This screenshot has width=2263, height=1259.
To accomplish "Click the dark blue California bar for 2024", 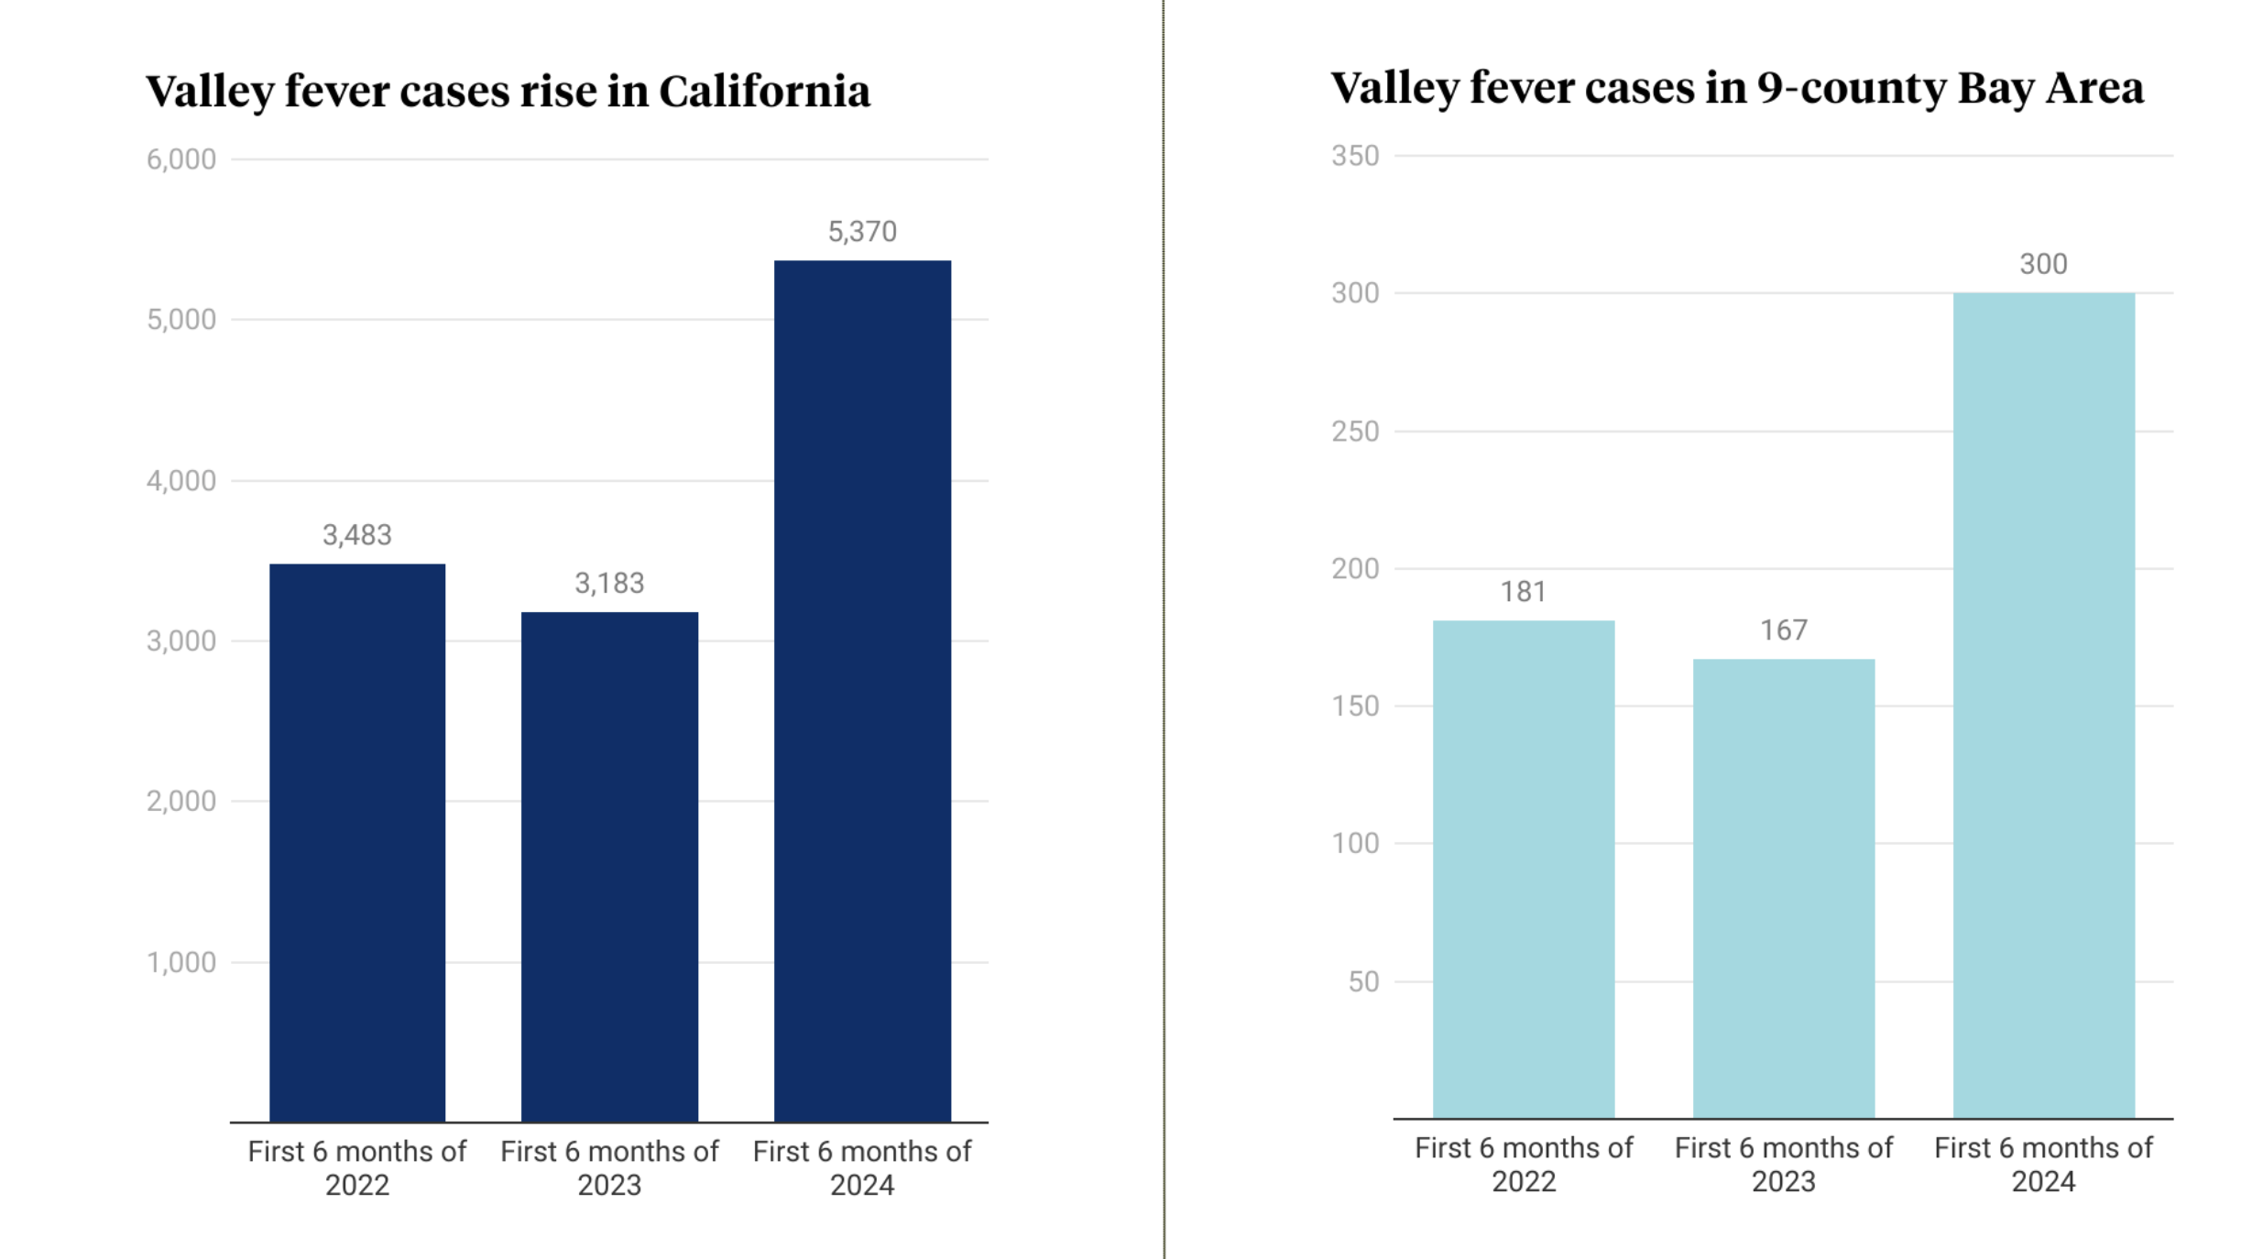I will [862, 691].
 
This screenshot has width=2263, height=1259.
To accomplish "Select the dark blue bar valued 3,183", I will [609, 866].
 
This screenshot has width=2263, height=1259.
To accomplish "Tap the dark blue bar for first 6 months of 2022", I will [357, 842].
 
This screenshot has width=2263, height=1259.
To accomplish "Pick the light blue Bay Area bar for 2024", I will [2043, 705].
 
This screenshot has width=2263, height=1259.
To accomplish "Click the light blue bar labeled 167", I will [1783, 888].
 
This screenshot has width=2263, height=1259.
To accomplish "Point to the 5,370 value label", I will [862, 232].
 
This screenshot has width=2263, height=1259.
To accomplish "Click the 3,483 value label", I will [357, 535].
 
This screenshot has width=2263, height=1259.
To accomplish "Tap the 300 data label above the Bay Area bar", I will [2043, 265].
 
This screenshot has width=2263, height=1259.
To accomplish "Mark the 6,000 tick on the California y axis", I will [181, 159].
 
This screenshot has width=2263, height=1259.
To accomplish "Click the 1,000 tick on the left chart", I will [181, 962].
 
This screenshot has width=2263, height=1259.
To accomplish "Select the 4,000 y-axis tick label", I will [181, 480].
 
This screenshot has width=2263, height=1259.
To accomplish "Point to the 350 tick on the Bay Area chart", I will [1355, 156].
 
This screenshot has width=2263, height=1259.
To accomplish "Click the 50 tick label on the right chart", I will [1363, 981].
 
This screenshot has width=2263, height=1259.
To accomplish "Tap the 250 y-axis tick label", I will [1355, 431].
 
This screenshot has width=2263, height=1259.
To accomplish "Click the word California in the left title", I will [764, 92].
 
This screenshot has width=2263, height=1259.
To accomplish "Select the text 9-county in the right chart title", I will [1851, 89].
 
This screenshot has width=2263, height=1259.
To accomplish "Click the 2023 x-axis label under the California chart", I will [609, 1185].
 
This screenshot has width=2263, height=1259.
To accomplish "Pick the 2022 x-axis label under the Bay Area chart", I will [1523, 1181].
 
